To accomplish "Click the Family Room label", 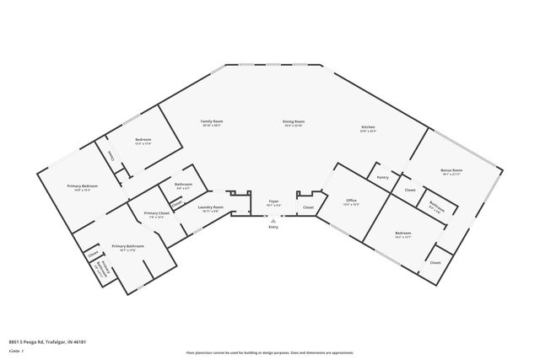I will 211,122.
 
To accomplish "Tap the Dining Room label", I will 293,122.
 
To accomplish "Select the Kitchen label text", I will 368,128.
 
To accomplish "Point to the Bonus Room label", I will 451,170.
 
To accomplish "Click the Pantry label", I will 382,177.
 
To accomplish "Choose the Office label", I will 351,201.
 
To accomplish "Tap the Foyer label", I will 273,201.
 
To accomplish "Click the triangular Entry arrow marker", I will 273,219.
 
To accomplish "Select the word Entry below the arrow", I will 273,228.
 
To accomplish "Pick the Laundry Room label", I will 210,207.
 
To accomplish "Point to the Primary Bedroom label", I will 83,185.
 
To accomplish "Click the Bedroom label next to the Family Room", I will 143,139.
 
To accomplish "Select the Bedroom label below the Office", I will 403,233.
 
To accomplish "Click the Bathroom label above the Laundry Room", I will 183,185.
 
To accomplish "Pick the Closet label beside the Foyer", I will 308,207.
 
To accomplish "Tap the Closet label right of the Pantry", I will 409,190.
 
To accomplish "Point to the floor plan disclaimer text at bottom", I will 269,352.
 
